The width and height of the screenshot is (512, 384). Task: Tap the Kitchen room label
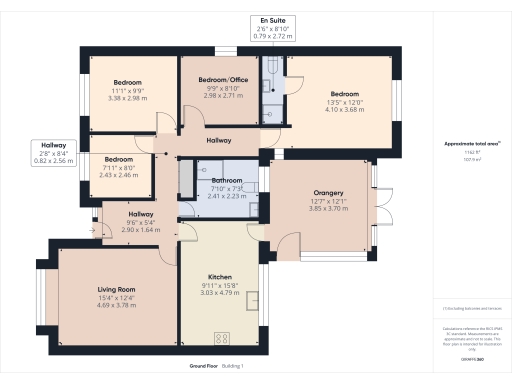220,276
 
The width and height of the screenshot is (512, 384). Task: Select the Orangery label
327,192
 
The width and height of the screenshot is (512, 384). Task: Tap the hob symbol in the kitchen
222,336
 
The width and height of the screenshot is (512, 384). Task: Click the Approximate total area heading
471,144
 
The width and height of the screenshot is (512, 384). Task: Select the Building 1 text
232,367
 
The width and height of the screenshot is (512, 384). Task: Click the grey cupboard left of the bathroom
184,178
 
